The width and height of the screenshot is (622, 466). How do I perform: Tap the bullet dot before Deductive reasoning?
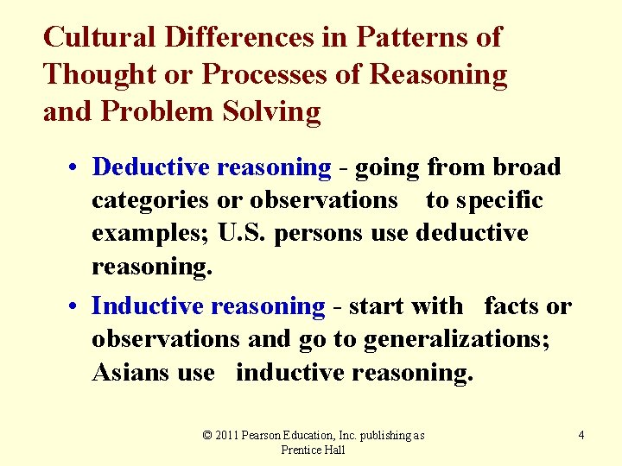click(77, 167)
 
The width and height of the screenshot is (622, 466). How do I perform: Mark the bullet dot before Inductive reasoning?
click(77, 306)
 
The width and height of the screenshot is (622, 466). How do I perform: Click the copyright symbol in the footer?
click(207, 436)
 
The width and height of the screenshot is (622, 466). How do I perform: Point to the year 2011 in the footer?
click(227, 436)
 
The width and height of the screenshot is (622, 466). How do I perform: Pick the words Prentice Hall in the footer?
click(313, 450)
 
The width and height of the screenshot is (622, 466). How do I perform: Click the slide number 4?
click(581, 436)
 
